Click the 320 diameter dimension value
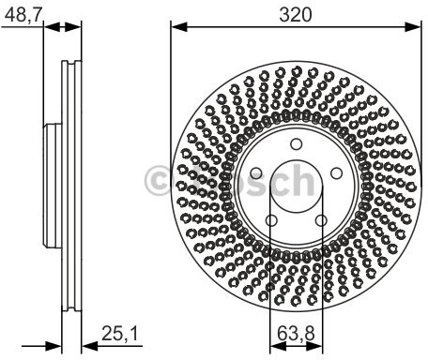point(296,15)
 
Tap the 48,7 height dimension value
point(23,14)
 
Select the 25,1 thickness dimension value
point(120,333)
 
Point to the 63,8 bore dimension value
point(296,333)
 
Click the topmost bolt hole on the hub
point(296,144)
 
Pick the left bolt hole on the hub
point(256,173)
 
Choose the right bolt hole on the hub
point(336,173)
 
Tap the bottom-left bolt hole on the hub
point(271,220)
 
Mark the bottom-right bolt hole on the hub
point(321,220)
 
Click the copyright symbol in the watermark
point(157,181)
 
